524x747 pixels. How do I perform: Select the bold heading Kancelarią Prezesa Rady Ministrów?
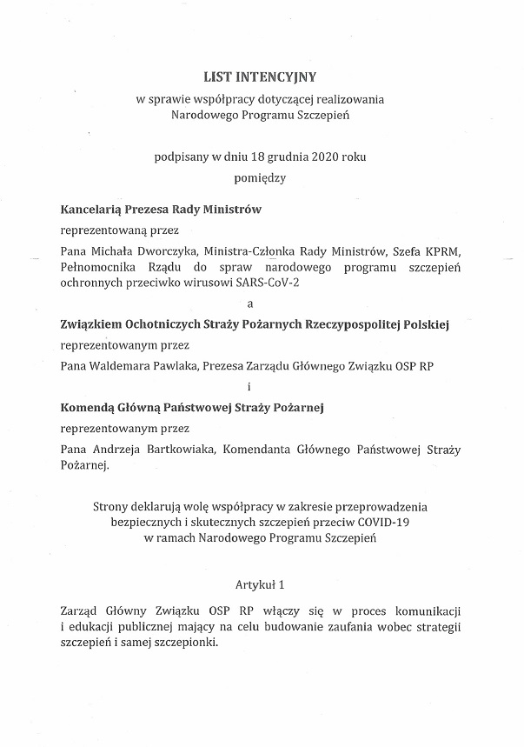tap(161, 210)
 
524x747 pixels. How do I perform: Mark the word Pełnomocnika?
tap(95, 268)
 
